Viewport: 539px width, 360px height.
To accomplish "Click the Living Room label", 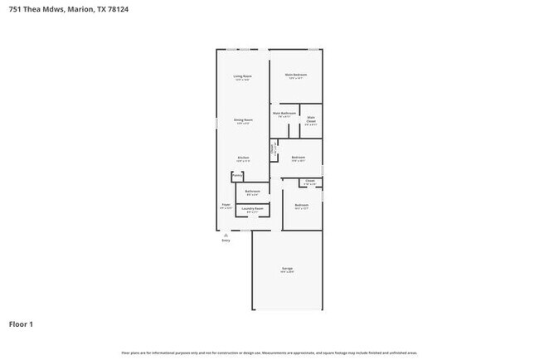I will click(242, 76).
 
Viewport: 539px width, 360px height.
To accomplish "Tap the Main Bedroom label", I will click(296, 75).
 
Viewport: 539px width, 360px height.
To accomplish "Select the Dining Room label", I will click(243, 120).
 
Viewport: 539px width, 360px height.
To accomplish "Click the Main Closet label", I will click(311, 119).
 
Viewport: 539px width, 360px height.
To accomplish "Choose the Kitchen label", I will click(243, 158).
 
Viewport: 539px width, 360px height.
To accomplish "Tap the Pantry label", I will click(237, 175).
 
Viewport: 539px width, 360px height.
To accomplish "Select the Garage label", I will click(287, 269).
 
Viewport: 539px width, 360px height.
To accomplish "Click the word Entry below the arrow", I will click(226, 241).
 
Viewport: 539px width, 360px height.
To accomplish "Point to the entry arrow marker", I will click(226, 235).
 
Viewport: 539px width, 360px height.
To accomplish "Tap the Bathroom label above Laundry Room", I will click(253, 192).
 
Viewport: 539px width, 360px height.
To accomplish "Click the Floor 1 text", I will click(21, 324).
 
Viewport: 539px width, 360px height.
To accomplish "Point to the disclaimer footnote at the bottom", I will click(269, 353).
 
